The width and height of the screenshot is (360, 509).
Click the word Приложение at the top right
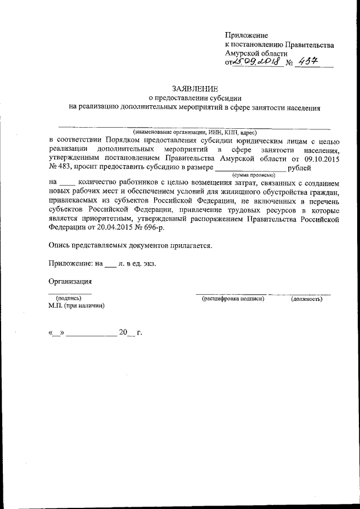(246, 35)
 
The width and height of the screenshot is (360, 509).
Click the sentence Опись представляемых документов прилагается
(130, 246)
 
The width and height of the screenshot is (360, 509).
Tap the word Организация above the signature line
(70, 282)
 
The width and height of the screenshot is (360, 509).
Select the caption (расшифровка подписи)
(233, 298)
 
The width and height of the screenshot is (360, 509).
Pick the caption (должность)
(307, 298)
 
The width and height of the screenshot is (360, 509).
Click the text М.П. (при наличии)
(76, 306)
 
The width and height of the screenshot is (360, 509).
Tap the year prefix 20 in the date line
(123, 333)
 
